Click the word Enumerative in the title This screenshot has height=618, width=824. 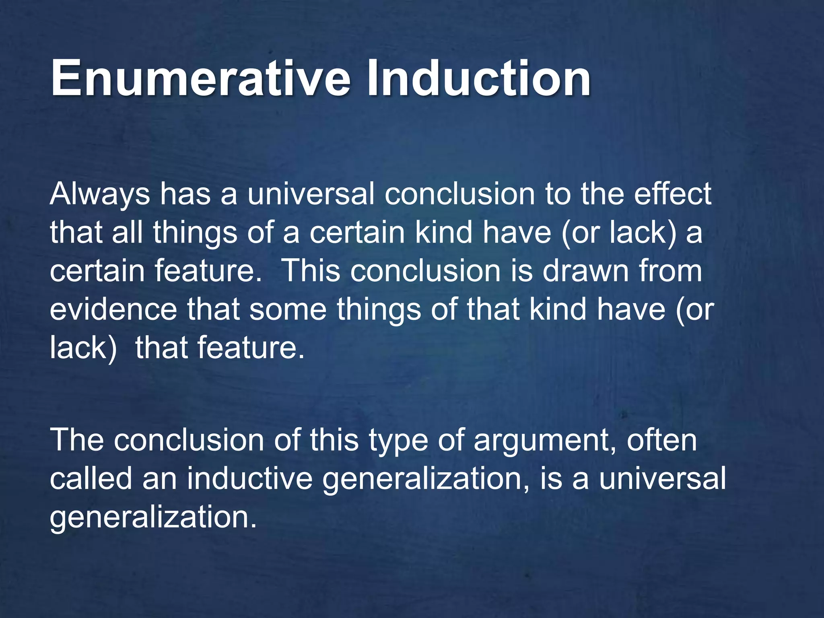pos(200,78)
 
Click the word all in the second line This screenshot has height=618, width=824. pos(127,233)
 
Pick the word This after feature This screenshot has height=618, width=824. pos(312,271)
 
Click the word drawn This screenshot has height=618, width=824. pos(585,271)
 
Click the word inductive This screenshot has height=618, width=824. pos(249,478)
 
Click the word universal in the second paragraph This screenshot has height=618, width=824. pos(662,478)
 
